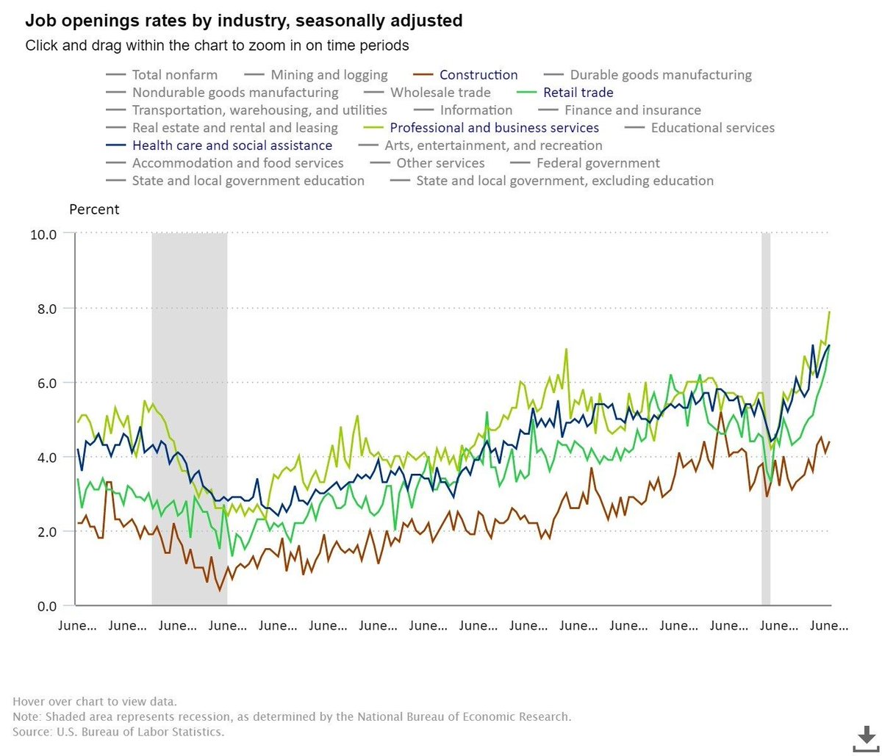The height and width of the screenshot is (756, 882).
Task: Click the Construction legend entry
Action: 478,75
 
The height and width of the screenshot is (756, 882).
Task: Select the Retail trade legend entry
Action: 578,93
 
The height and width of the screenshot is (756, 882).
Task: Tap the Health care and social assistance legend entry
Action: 232,145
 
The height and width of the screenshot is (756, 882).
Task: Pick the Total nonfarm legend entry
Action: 175,75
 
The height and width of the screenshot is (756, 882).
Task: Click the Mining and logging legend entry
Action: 329,75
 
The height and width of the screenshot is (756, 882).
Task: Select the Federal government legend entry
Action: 598,163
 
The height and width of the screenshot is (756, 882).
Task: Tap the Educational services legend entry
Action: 712,128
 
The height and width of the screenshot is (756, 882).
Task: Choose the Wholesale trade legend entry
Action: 440,93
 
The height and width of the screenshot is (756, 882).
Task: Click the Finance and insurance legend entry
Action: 632,110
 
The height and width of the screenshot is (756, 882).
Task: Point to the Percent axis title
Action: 94,209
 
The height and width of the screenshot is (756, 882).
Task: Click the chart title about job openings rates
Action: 244,21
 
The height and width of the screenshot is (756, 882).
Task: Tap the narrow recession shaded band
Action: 765,419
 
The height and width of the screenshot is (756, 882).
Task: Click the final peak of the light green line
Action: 830,312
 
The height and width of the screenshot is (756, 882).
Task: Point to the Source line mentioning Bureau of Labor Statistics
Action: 118,732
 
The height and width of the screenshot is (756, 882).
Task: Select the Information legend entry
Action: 476,110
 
